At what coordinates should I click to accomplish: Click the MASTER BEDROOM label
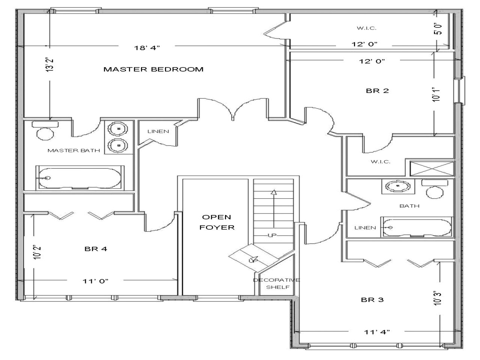click(x=153, y=69)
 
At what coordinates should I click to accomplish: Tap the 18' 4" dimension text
click(x=147, y=47)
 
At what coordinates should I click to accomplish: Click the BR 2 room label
click(x=377, y=91)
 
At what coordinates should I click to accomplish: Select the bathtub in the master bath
click(x=79, y=178)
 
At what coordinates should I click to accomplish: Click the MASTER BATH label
click(x=73, y=150)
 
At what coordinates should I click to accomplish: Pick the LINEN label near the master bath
click(x=158, y=131)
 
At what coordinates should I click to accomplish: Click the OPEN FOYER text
click(x=217, y=222)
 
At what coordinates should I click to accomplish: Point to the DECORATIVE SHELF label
click(x=277, y=283)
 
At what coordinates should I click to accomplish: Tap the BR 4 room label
click(x=96, y=249)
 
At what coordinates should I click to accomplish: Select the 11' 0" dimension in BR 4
click(x=96, y=280)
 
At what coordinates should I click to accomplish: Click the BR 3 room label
click(x=372, y=300)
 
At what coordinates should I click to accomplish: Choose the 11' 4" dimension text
click(x=377, y=331)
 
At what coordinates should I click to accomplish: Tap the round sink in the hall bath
click(x=393, y=186)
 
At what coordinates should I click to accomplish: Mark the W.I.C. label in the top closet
click(x=366, y=28)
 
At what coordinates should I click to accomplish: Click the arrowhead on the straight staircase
click(x=274, y=193)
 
